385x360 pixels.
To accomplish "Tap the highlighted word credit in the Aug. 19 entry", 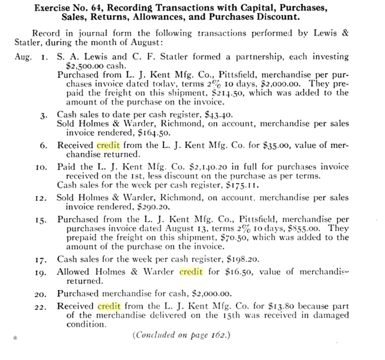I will tap(191, 272).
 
